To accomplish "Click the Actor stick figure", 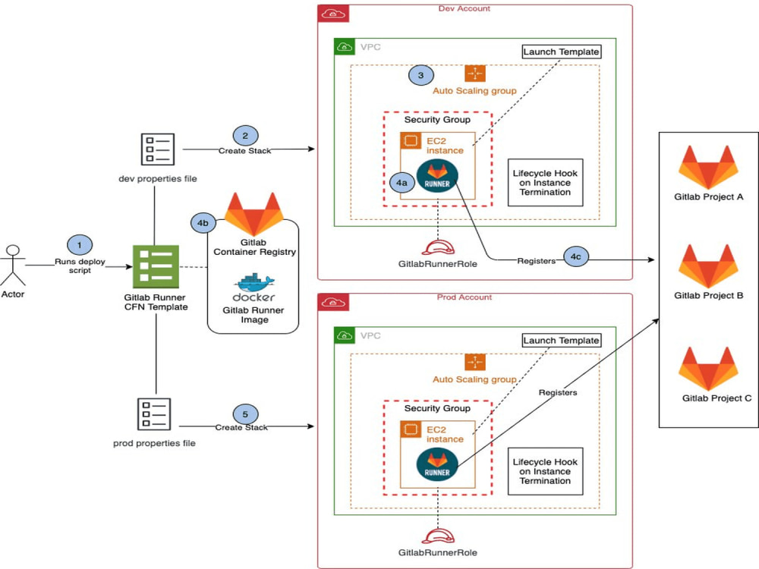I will click(x=11, y=264).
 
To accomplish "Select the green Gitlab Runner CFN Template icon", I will click(x=156, y=267).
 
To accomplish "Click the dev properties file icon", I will click(x=155, y=149).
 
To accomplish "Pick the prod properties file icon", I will click(x=155, y=413).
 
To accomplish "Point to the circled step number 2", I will click(x=244, y=136).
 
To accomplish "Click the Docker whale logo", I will click(x=254, y=285).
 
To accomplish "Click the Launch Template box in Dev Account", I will click(x=561, y=52).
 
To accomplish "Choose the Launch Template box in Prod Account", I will click(x=561, y=340).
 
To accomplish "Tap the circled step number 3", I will click(x=420, y=75).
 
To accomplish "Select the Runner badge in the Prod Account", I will click(x=437, y=464).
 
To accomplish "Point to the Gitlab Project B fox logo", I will click(x=707, y=266).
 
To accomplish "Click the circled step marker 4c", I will click(x=575, y=257).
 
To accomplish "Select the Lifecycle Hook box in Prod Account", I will click(x=545, y=470).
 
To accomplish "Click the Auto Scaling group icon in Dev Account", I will click(x=474, y=73).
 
